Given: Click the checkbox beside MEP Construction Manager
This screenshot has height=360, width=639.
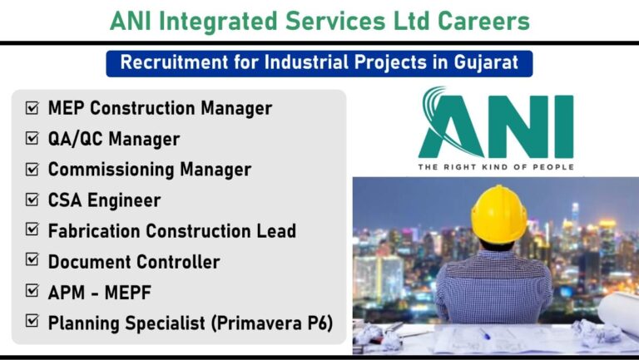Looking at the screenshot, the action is pos(32,108).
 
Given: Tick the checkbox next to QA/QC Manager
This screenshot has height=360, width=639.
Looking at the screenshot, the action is pos(32,139).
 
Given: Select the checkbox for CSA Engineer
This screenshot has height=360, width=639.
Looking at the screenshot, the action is pos(32,200).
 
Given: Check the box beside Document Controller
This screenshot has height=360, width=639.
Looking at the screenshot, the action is pos(32,259).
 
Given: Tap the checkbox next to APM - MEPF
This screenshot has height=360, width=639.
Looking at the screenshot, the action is pos(32,291).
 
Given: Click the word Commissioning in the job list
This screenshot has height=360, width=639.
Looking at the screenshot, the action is pos(111,170).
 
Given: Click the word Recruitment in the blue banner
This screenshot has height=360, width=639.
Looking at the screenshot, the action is pos(175,62).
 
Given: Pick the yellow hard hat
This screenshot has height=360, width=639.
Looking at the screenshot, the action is pos(499,214).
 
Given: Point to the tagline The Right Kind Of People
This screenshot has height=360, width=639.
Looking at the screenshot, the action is pos(496,167).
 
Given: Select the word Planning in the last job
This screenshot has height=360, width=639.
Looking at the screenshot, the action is pos(84,323).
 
